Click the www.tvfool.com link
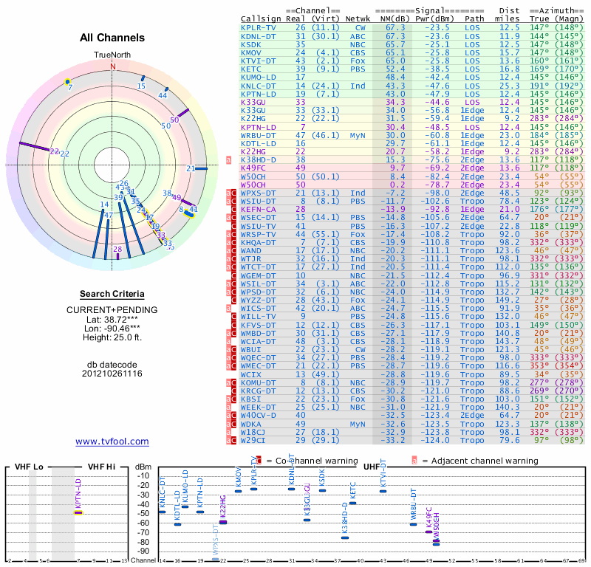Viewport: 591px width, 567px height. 112,441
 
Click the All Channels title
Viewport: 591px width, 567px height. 112,38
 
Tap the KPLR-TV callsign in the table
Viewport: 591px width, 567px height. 259,27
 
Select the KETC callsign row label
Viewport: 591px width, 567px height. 253,68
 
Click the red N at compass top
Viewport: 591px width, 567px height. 113,66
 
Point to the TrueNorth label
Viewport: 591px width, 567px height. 112,55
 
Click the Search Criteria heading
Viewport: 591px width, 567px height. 112,294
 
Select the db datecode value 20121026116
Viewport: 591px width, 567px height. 112,374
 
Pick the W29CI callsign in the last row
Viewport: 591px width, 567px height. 255,441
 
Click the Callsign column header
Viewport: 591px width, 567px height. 260,18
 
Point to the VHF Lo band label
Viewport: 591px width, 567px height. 27,467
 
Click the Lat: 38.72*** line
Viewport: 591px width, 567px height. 112,319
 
